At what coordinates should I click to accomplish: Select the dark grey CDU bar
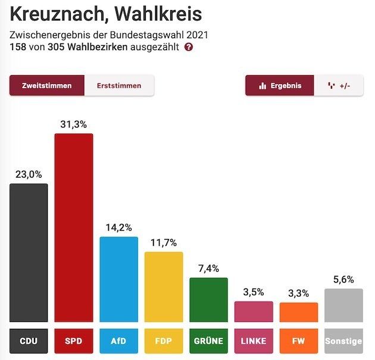[29, 253]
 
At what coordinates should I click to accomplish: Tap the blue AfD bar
[118, 279]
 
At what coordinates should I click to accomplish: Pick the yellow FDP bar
[164, 287]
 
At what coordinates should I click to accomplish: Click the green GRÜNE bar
[209, 300]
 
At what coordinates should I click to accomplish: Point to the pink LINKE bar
[254, 311]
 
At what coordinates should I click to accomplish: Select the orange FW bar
[299, 312]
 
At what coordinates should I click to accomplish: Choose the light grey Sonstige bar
[344, 305]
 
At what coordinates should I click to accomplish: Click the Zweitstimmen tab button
[47, 85]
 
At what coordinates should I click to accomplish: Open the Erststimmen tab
[119, 85]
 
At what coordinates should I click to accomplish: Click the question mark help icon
[189, 47]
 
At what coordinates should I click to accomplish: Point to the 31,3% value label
[74, 124]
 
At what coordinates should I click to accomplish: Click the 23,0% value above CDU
[29, 174]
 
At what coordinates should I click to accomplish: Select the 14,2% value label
[118, 227]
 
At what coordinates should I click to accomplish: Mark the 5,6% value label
[344, 280]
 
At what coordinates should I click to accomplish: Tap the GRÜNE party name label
[209, 341]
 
